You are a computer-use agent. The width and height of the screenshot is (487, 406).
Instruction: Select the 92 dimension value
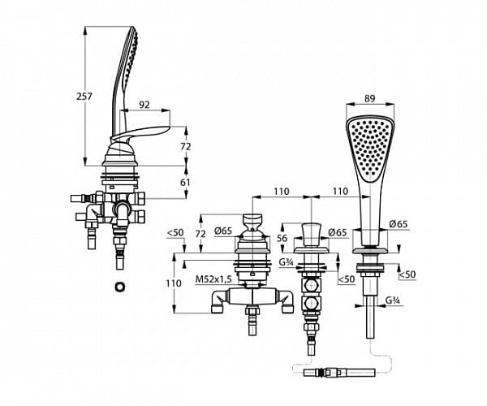coord(144,105)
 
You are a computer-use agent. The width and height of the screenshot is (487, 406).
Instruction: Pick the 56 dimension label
coord(282,238)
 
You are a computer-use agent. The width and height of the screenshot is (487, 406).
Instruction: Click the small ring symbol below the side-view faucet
coord(121,285)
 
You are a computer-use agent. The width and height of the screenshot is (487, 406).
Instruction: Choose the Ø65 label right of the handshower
coord(397,224)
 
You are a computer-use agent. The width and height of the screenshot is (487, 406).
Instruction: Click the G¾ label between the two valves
coord(286,262)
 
